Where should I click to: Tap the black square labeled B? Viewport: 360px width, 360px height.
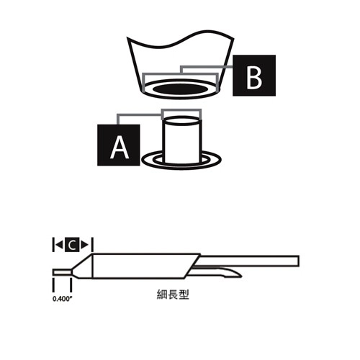pos(253,76)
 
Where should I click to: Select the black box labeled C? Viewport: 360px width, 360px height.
pos(73,246)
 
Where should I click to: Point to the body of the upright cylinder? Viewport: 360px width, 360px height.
pos(181,140)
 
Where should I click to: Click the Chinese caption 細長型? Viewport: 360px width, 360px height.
pos(173,294)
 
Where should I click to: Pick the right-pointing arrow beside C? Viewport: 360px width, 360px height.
pos(85,246)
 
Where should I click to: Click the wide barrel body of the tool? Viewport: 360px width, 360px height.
pos(140,267)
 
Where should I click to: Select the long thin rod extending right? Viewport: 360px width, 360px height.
pos(252,258)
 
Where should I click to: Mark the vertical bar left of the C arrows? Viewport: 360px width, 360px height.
pos(53,246)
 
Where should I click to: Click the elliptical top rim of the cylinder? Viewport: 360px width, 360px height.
pos(181,119)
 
